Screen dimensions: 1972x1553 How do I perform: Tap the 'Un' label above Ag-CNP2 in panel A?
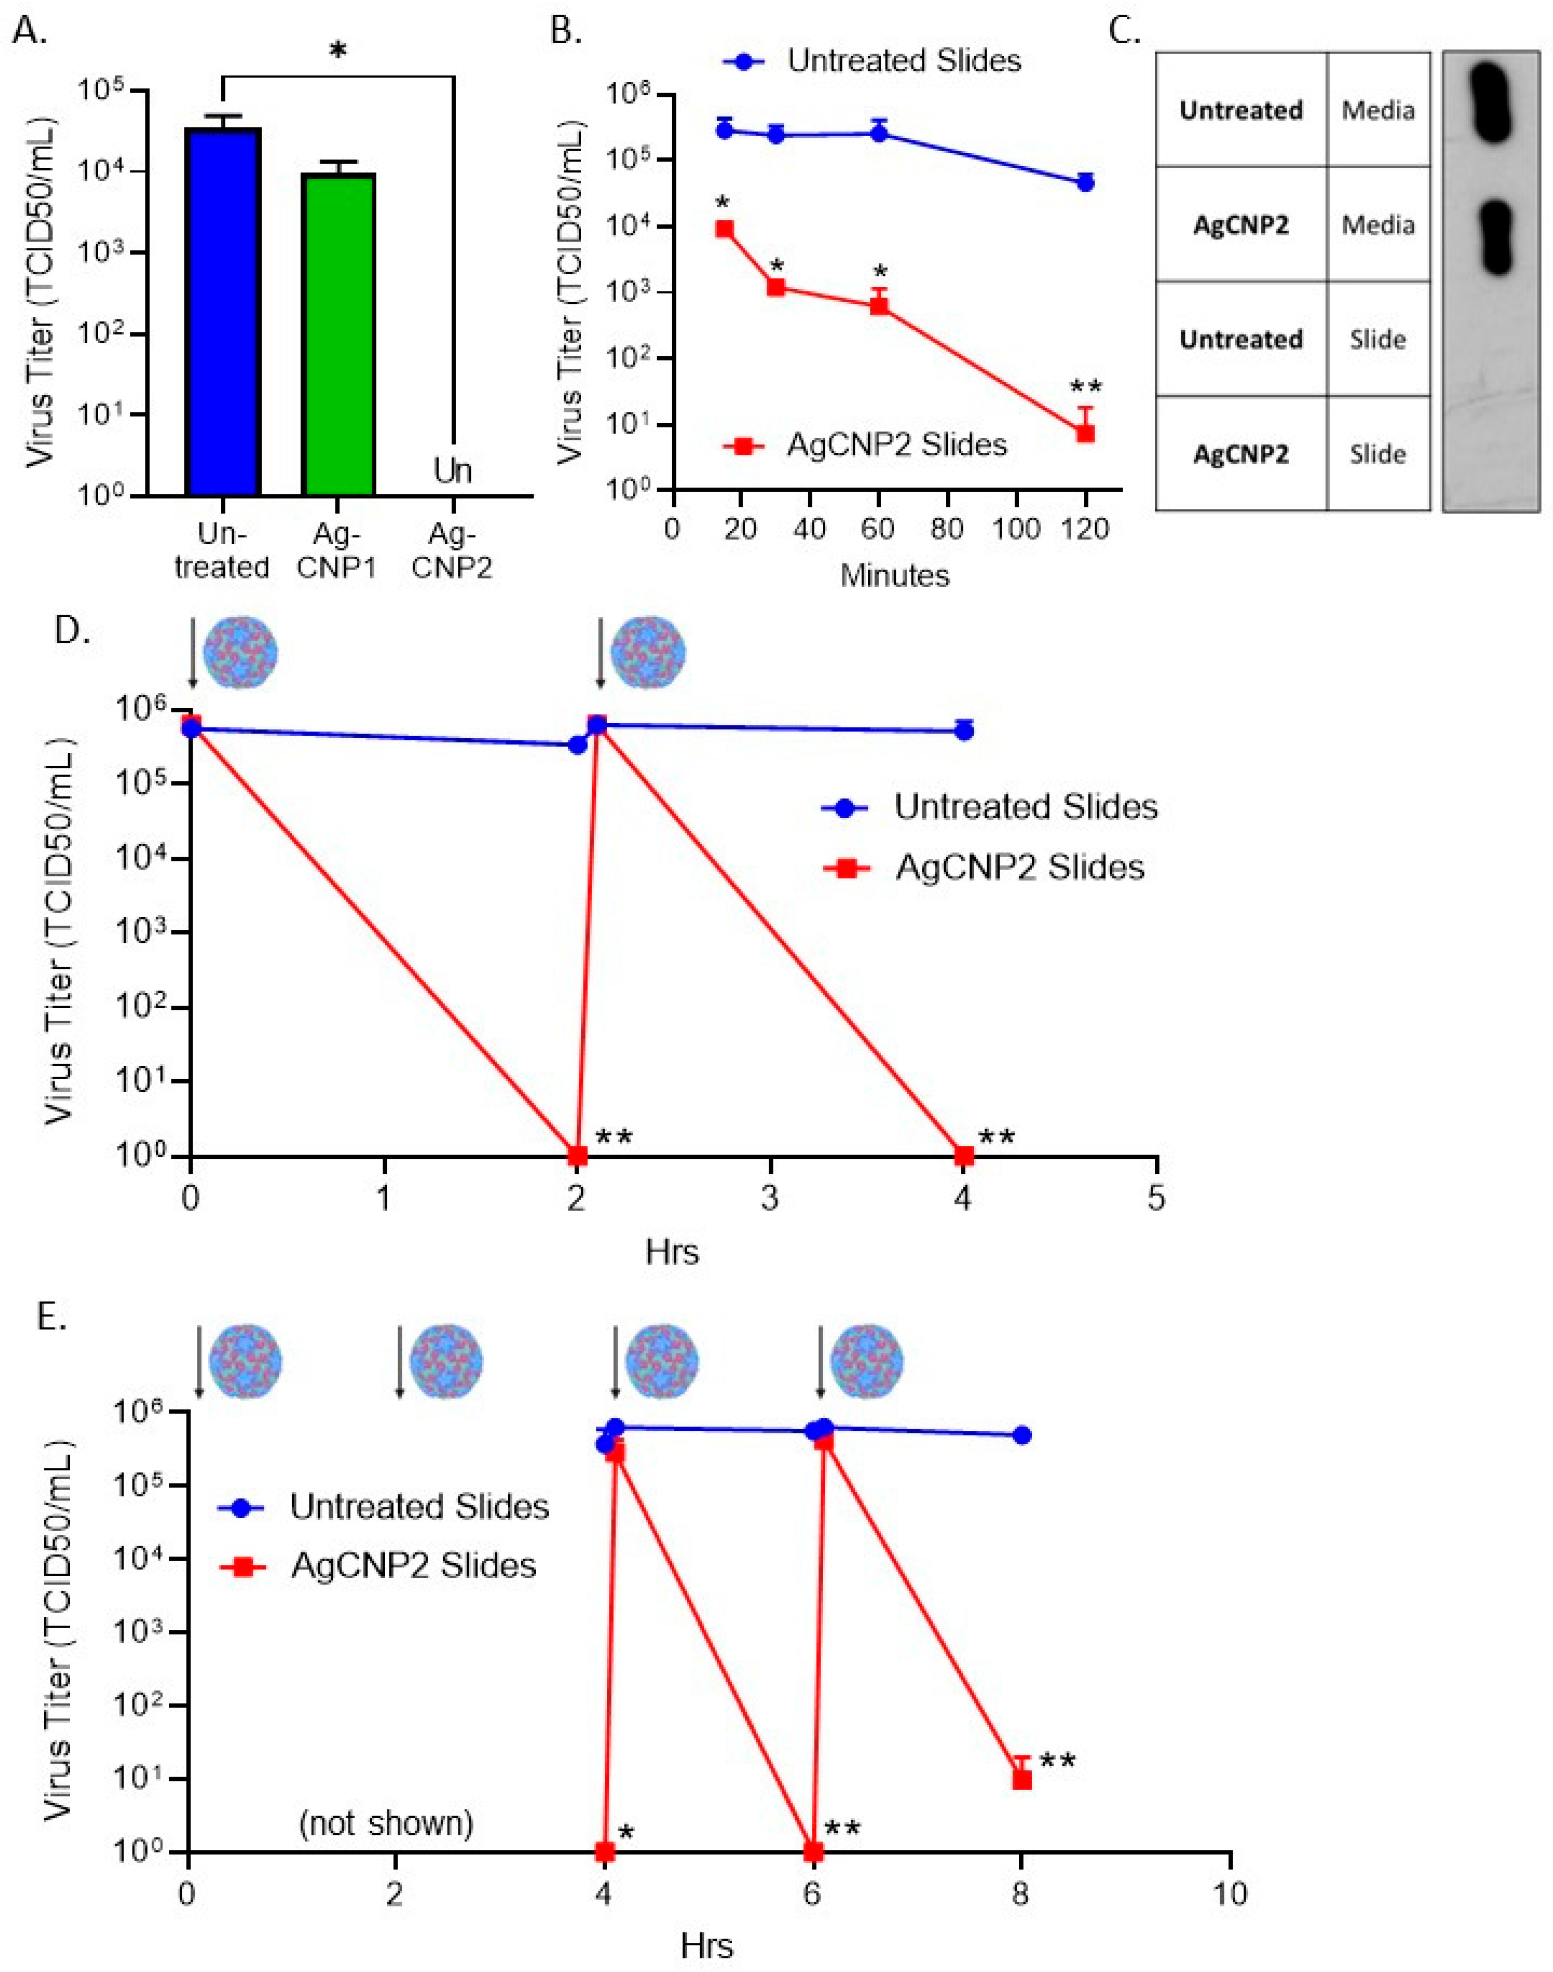tap(452, 471)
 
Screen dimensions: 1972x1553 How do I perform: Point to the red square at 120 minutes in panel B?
tap(1085, 434)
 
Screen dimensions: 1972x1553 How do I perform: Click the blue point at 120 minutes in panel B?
tap(1085, 183)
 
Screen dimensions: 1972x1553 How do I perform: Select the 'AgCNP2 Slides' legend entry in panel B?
tap(896, 445)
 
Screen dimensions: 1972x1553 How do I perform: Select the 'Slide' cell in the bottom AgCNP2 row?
tap(1377, 454)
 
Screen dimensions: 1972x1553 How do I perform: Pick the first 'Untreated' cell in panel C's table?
tap(1241, 110)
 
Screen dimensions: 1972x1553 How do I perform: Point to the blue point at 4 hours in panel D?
tap(965, 730)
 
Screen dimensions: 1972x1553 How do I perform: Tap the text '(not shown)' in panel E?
tap(386, 1823)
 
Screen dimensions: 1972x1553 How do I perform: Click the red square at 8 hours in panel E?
tap(1022, 1779)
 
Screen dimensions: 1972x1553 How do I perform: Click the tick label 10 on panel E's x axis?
tap(1229, 1894)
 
